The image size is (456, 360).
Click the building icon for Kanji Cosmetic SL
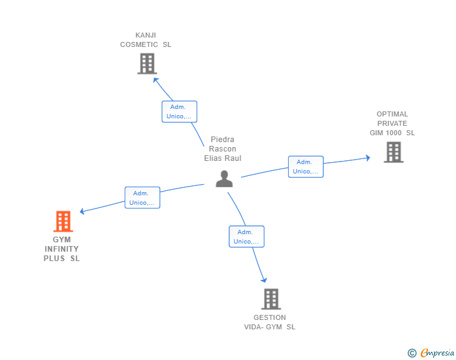(147, 63)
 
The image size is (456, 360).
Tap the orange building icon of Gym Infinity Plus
(63, 222)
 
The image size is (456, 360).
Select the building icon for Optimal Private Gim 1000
(393, 152)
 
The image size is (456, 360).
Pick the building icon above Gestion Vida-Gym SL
(271, 299)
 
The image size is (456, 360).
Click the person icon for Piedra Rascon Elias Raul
(224, 178)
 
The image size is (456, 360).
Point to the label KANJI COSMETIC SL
(145, 40)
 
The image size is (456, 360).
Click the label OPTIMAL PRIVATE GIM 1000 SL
(392, 123)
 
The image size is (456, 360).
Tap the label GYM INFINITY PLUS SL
(62, 249)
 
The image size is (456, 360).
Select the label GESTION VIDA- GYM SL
(269, 322)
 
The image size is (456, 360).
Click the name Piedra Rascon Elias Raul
(222, 149)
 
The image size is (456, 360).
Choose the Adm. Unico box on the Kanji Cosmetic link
(179, 111)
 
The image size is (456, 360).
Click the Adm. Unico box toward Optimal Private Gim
(306, 167)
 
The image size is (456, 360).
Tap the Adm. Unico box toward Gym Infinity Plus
(142, 198)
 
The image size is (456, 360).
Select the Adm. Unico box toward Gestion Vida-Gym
(246, 237)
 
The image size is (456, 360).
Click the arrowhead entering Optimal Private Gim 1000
(368, 158)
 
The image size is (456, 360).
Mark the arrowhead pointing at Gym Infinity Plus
(82, 212)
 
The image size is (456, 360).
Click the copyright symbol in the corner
(412, 353)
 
